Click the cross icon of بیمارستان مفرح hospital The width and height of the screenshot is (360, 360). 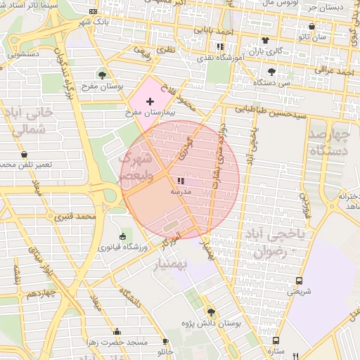150,102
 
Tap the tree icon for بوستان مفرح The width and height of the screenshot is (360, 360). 103,74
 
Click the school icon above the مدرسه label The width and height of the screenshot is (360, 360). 172,181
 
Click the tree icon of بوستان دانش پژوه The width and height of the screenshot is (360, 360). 211,312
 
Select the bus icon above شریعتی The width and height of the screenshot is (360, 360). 299,281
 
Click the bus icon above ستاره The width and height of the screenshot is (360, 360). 276,340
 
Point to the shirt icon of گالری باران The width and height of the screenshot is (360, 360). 265,40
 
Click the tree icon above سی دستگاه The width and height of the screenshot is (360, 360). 271,72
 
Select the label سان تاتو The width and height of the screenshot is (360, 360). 312,37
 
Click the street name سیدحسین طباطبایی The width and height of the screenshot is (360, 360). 270,110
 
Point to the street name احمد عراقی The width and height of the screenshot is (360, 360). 335,71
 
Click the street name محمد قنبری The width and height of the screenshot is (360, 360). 77,217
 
